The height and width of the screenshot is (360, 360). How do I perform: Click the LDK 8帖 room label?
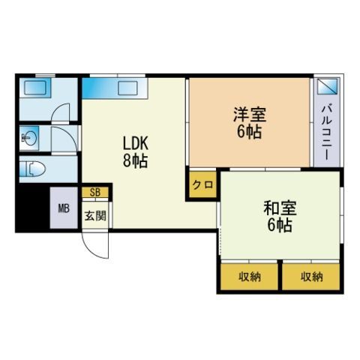pos(136,151)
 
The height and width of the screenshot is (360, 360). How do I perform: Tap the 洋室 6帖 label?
pos(248,122)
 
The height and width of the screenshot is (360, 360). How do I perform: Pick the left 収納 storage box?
pos(250,277)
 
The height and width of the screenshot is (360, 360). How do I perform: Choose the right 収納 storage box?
pos(310,277)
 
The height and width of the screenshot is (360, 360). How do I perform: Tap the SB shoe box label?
pos(95,192)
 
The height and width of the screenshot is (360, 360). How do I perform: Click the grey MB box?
pos(64,209)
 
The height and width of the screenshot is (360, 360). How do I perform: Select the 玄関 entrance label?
pos(94,217)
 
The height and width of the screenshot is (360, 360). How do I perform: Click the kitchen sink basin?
pos(134,88)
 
